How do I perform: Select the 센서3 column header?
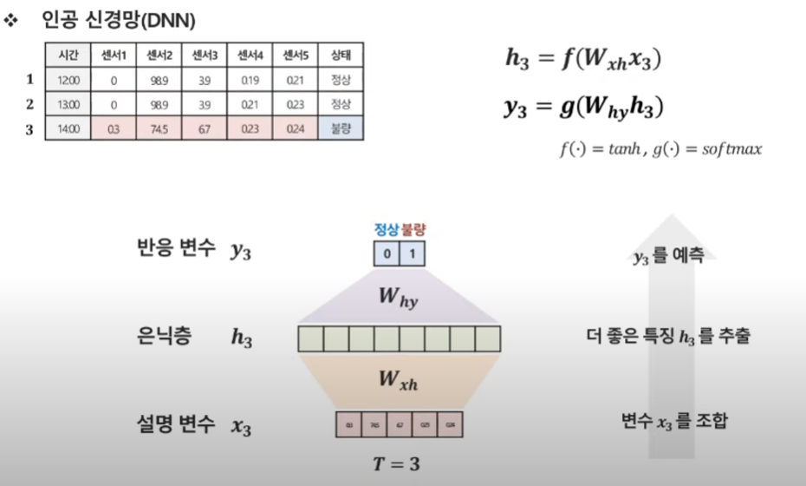[205, 55]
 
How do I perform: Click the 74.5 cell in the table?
[159, 129]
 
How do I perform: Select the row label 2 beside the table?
[29, 104]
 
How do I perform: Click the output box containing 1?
[413, 254]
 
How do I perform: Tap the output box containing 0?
[387, 254]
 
